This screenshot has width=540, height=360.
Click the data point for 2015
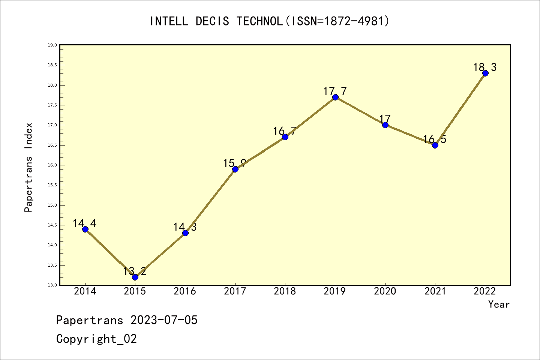click(x=135, y=277)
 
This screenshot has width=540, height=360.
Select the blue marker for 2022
click(x=485, y=73)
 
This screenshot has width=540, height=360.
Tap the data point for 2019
click(x=335, y=97)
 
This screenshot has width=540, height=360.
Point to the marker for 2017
click(x=235, y=169)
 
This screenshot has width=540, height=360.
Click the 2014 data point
click(x=85, y=229)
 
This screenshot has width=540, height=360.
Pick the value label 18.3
click(x=484, y=67)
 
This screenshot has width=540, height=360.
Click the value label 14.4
click(x=84, y=223)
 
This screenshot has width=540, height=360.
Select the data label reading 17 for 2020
click(x=385, y=119)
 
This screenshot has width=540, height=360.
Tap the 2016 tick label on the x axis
click(x=185, y=291)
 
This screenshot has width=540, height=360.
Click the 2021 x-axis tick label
click(x=435, y=291)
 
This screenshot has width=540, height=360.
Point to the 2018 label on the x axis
click(x=285, y=291)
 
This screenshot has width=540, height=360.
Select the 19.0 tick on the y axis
click(x=52, y=45)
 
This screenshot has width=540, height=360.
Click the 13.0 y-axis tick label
click(x=52, y=285)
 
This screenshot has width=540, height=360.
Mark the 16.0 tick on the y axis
click(x=52, y=165)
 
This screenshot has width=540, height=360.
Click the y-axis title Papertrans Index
click(x=28, y=167)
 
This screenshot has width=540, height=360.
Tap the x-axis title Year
click(x=499, y=304)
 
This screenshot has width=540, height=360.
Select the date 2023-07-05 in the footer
click(x=164, y=320)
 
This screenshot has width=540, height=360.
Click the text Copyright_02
click(x=96, y=339)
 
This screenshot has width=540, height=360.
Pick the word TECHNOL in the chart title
click(x=259, y=21)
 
